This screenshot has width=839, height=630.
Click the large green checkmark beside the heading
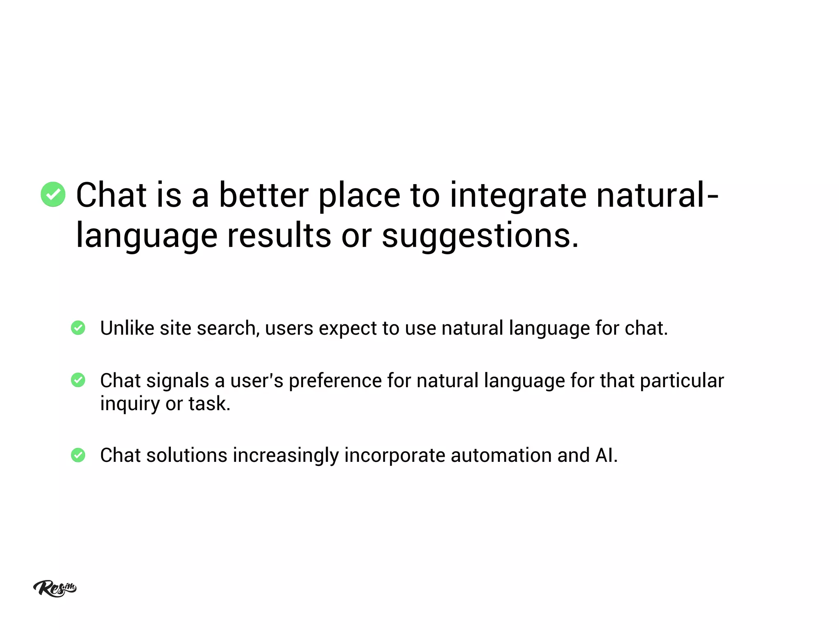53,194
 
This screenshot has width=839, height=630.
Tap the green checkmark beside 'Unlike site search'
78,328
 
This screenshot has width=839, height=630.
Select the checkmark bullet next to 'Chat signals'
78,380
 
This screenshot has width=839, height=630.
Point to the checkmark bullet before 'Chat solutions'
78,455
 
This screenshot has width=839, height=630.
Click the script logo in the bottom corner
54,588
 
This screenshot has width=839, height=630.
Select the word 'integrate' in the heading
518,196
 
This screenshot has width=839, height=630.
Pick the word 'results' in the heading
279,235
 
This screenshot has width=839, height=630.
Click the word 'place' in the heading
359,196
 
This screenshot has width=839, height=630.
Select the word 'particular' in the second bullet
682,381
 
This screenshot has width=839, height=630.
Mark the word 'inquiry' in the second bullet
130,404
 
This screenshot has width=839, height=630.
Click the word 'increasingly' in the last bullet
286,456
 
